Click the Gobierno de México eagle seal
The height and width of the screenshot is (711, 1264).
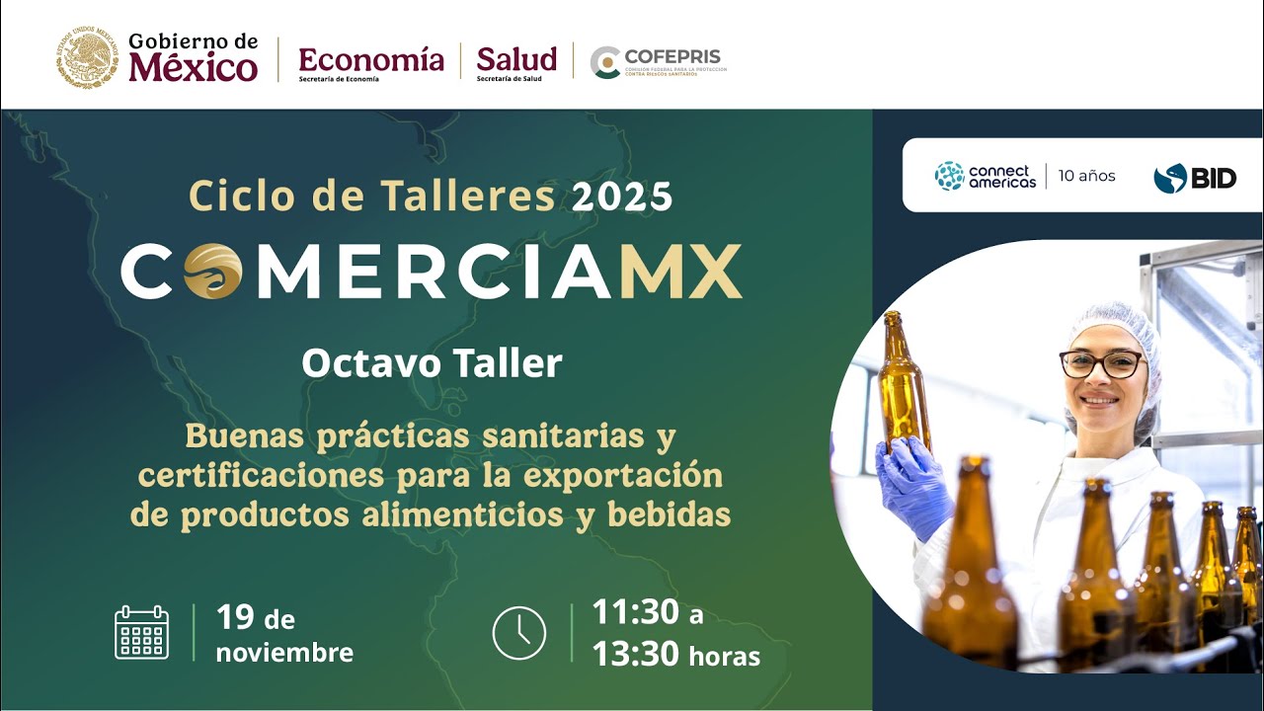click(87, 57)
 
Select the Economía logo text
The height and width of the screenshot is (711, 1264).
click(370, 59)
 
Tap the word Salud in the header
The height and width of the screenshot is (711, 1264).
click(515, 59)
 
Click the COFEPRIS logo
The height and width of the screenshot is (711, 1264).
click(657, 61)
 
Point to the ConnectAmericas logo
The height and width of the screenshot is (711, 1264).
click(985, 176)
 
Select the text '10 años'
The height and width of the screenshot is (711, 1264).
click(1086, 176)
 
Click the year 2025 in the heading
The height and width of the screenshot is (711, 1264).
click(622, 197)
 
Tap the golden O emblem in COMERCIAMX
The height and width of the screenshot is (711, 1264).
click(212, 271)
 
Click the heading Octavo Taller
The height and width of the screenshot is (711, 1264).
click(432, 362)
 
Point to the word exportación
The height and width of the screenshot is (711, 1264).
click(623, 475)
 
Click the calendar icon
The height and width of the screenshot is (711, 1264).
click(142, 633)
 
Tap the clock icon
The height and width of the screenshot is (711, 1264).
click(518, 633)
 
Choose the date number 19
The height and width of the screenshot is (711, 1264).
click(236, 617)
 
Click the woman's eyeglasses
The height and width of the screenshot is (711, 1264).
click(1101, 363)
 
